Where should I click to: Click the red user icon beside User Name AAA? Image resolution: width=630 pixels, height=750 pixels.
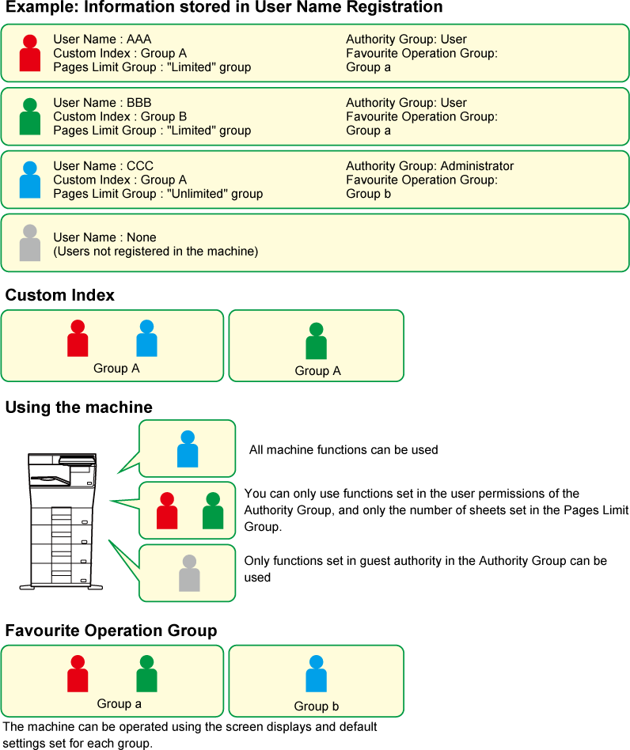tap(30, 54)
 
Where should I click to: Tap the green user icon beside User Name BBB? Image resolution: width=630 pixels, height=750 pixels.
tap(30, 117)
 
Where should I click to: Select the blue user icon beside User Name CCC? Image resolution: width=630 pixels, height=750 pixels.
tap(30, 180)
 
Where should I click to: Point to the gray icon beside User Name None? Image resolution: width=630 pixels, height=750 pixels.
tap(30, 244)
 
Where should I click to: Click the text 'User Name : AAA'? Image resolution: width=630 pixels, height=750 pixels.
tap(102, 40)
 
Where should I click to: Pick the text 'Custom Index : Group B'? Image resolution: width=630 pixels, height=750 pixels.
tap(120, 117)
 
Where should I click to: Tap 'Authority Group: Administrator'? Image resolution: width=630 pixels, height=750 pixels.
tap(430, 166)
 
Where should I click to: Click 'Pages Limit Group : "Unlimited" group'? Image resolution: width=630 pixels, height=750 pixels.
tap(157, 194)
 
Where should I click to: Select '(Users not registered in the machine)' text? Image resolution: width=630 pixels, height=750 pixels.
tap(155, 252)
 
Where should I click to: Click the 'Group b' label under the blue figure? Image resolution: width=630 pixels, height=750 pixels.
tap(316, 706)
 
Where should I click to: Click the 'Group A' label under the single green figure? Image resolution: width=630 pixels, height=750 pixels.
tap(317, 371)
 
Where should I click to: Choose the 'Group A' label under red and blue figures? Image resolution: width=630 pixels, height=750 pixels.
tap(116, 368)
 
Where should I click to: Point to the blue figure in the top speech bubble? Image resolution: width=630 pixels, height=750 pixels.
tap(188, 449)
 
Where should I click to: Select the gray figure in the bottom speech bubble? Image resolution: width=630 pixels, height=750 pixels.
tap(189, 574)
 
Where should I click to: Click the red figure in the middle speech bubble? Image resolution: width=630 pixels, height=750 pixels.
tap(167, 511)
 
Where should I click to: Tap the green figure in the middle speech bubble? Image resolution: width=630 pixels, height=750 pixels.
tap(212, 511)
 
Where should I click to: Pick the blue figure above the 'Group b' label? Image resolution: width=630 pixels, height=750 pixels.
tap(316, 674)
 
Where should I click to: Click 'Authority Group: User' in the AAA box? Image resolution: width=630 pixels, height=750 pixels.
tap(406, 40)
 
